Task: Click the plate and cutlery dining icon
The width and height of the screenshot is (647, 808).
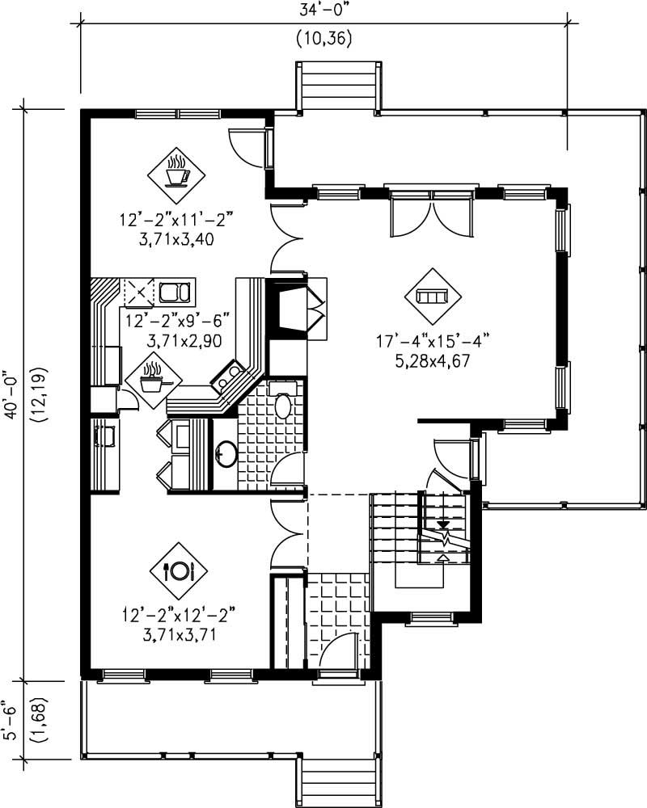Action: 178,570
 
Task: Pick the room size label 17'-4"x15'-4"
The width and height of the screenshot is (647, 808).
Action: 432,342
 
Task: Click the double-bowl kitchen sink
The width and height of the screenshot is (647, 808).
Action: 175,292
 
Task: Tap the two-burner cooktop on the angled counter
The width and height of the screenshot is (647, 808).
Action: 227,376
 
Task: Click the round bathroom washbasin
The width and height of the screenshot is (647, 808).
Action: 226,455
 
